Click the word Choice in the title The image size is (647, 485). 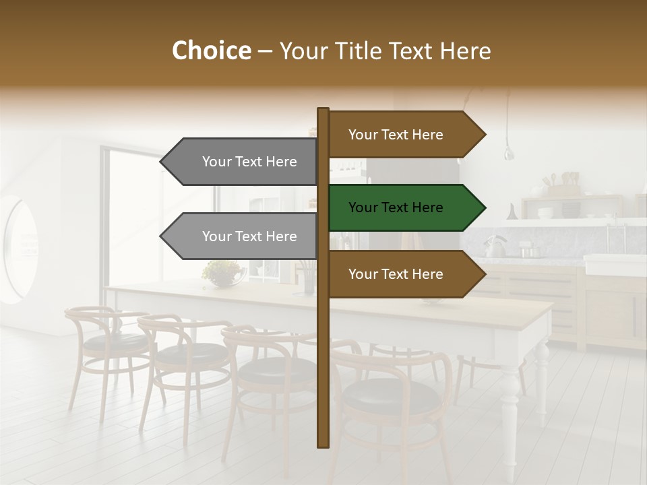tap(211, 51)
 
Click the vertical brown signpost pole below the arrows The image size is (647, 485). tap(323, 377)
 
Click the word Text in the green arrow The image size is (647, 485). tap(396, 207)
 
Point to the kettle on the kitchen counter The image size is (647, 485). tap(495, 247)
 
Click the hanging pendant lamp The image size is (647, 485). tap(509, 151)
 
